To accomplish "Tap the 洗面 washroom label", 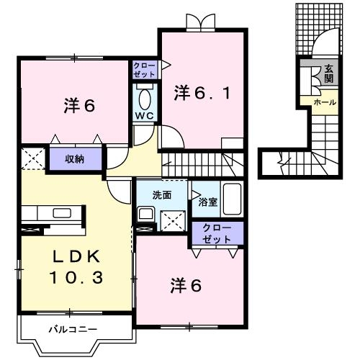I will click(161, 194).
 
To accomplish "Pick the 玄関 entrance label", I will click(329, 74).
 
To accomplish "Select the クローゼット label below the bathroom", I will click(217, 233).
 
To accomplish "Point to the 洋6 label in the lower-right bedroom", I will click(186, 285).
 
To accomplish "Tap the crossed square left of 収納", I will click(32, 158).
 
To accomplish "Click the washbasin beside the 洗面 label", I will click(145, 214).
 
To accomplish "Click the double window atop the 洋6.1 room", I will click(199, 22).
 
